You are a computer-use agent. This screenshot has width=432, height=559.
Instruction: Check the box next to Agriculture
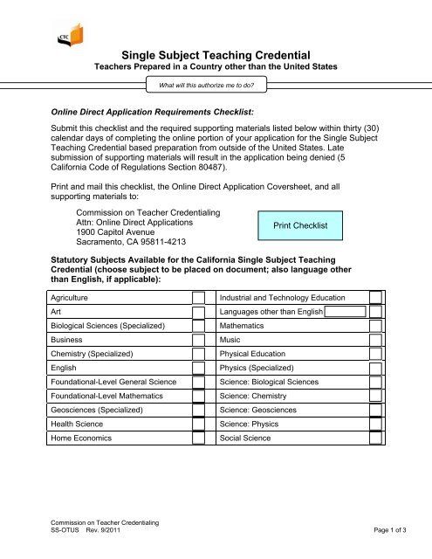198,298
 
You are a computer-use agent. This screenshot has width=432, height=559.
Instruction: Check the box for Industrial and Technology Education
375,298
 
